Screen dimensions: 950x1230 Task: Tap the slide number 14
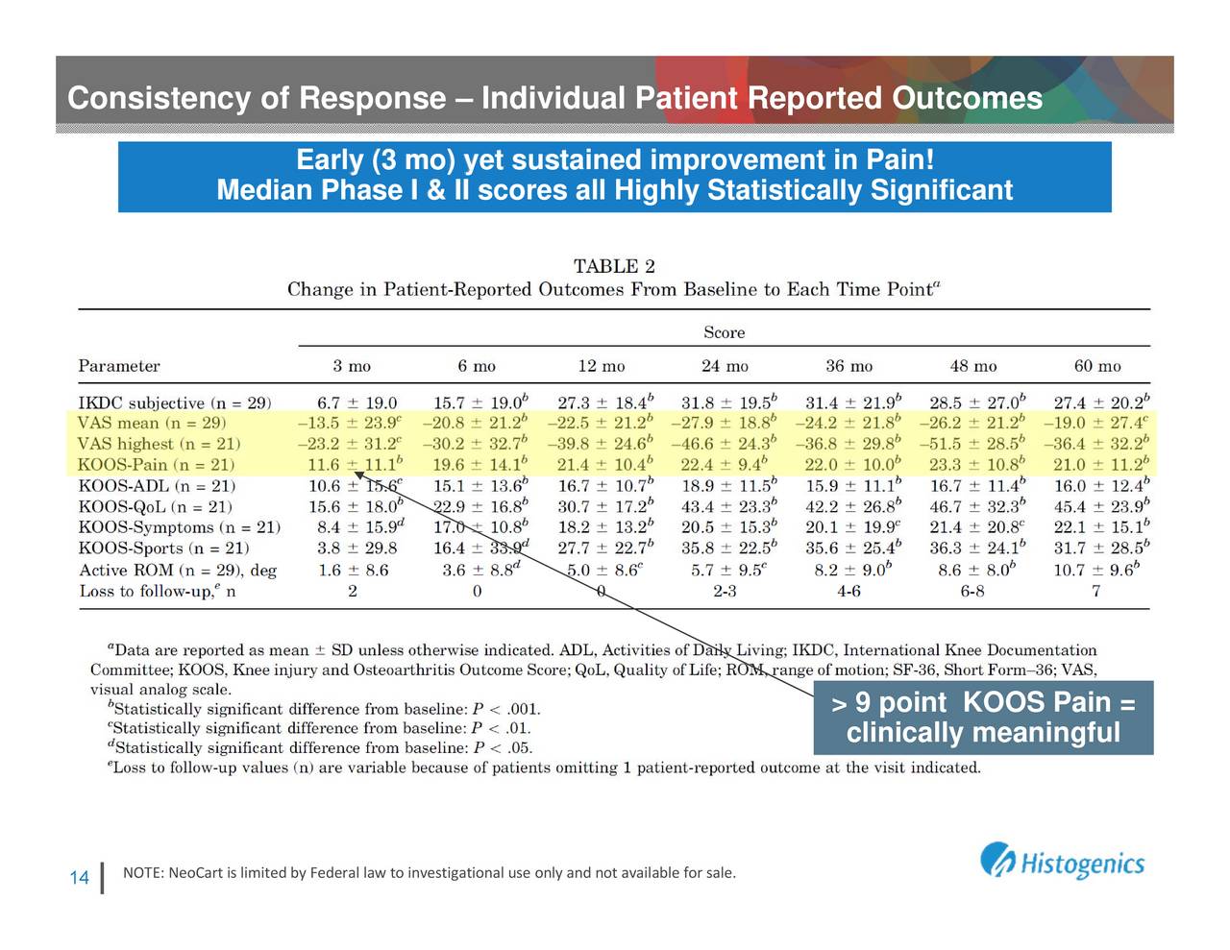pyautogui.click(x=80, y=878)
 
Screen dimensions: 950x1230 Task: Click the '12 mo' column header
pyautogui.click(x=601, y=366)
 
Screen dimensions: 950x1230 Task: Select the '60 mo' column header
pyautogui.click(x=1096, y=366)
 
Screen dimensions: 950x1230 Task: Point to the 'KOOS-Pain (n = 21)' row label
pyautogui.click(x=157, y=465)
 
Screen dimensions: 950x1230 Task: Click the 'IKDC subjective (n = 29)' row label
pyautogui.click(x=175, y=402)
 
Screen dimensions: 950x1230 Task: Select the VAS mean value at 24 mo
pyautogui.click(x=725, y=424)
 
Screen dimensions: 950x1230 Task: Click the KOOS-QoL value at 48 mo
pyautogui.click(x=973, y=507)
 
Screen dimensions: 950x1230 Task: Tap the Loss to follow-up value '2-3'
pyautogui.click(x=725, y=592)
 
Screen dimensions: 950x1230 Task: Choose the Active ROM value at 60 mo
pyautogui.click(x=1096, y=571)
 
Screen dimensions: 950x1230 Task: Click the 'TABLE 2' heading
pyautogui.click(x=614, y=266)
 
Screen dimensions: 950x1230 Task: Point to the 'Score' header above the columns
pyautogui.click(x=724, y=332)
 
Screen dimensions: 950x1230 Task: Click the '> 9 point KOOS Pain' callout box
pyautogui.click(x=982, y=718)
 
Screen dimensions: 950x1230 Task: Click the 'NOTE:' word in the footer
pyautogui.click(x=143, y=873)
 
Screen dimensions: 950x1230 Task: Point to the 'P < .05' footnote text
pyautogui.click(x=503, y=748)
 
